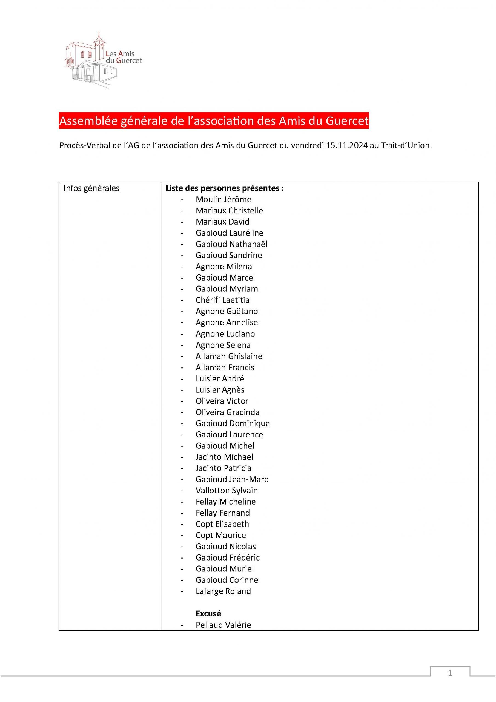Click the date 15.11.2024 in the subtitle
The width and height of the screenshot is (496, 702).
(x=346, y=146)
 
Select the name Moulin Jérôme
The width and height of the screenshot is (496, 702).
(x=223, y=199)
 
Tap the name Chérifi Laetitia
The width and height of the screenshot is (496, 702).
(x=222, y=300)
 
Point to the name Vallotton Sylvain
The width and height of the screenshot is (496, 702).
(x=227, y=490)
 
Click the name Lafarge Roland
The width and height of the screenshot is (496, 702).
(x=223, y=591)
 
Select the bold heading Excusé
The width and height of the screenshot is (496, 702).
(x=208, y=613)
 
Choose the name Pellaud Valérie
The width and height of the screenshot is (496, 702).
(x=223, y=625)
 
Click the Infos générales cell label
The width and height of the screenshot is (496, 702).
(x=91, y=188)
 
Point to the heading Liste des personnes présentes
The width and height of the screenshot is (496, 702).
(x=225, y=188)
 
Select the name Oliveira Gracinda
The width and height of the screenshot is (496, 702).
(x=228, y=412)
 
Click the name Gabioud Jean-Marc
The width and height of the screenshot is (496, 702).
(x=231, y=479)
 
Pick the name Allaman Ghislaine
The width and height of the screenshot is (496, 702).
(x=229, y=356)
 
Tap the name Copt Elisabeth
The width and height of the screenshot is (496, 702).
(x=222, y=524)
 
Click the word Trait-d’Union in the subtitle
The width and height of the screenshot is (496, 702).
(x=406, y=146)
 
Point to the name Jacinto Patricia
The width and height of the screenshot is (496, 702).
(x=223, y=468)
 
